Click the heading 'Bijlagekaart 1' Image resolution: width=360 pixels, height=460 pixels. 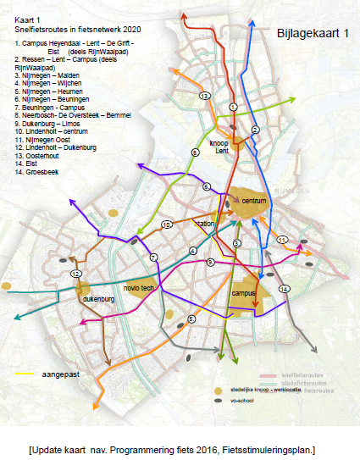[x=313, y=33]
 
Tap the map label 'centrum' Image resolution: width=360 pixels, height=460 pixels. [x=254, y=201]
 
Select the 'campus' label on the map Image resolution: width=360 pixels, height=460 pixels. [x=243, y=293]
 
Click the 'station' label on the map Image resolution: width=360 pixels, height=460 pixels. [x=205, y=224]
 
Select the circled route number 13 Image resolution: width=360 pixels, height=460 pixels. [x=204, y=97]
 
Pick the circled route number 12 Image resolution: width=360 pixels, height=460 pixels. [x=75, y=274]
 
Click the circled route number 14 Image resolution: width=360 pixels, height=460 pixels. [x=284, y=289]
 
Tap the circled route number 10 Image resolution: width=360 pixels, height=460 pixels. [x=167, y=224]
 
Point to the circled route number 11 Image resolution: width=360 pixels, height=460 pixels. [x=283, y=240]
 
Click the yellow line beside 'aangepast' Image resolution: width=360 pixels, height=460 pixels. [x=26, y=372]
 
